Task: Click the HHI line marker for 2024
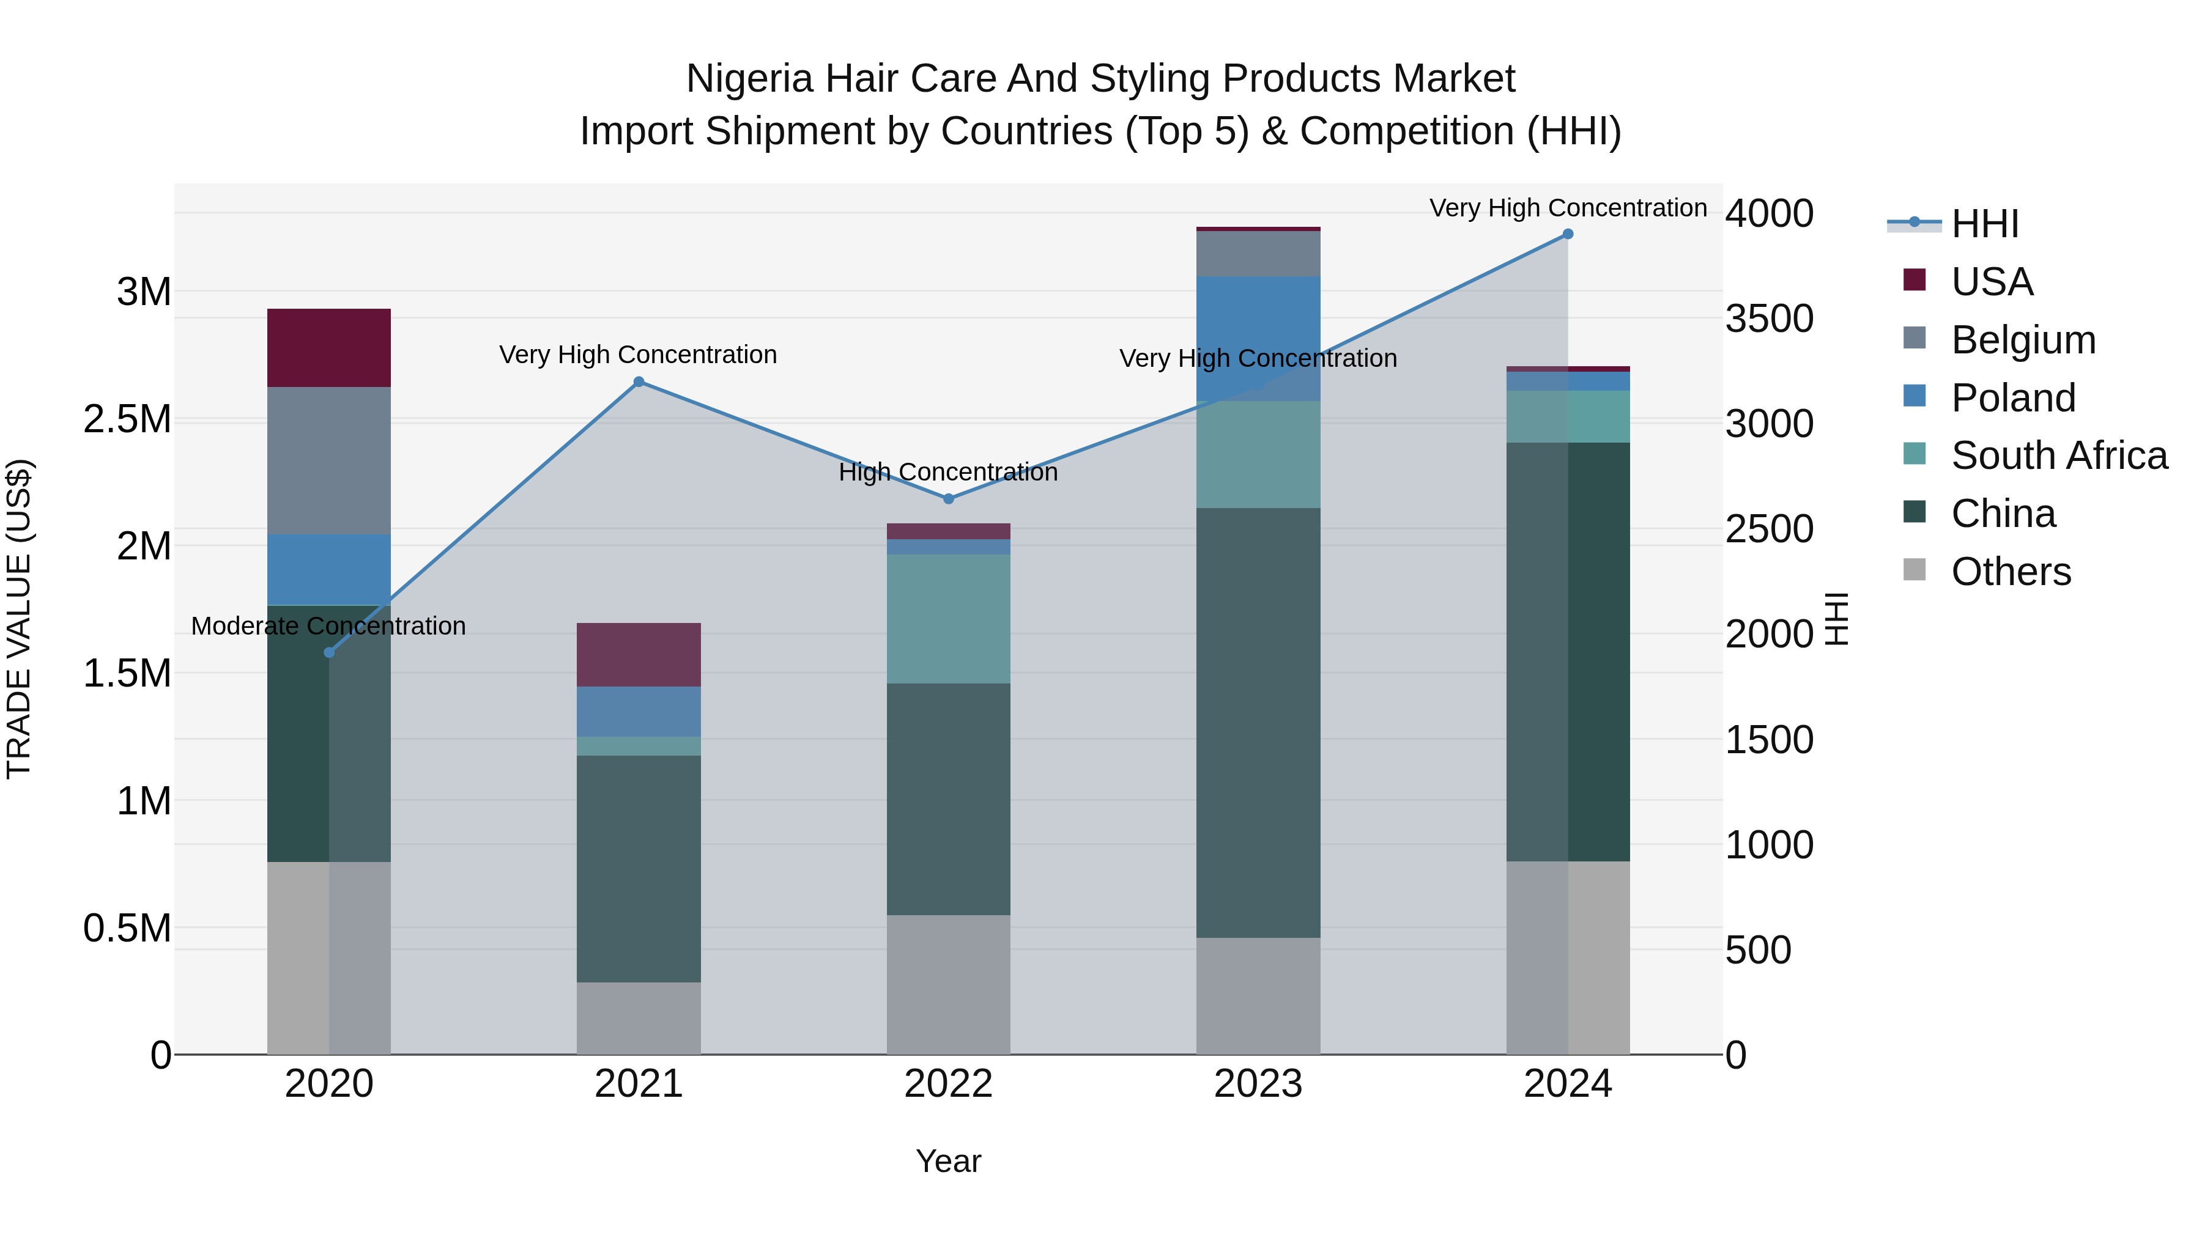(1567, 234)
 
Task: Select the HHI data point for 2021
(639, 382)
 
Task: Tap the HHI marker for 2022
(948, 499)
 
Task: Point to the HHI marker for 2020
(329, 653)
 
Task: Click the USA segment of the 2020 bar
(329, 348)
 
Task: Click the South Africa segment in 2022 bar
(948, 619)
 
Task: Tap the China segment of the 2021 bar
(639, 868)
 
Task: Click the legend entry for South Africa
(2058, 455)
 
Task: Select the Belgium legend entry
(2023, 340)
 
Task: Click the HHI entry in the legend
(1984, 224)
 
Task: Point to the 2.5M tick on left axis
(127, 419)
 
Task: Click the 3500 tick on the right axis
(1768, 319)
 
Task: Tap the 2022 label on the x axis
(948, 1084)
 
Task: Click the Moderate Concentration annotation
(328, 626)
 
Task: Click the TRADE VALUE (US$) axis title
(19, 619)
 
